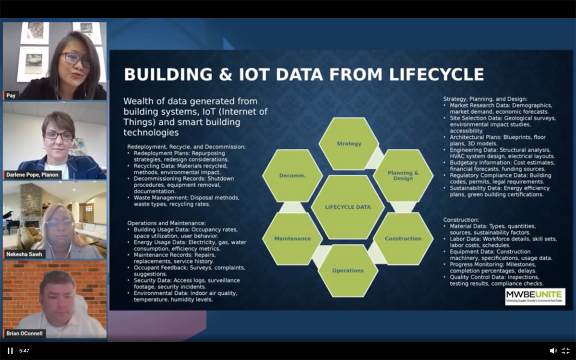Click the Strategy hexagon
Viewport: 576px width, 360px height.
[348, 143]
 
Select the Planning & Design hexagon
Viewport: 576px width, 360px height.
[403, 175]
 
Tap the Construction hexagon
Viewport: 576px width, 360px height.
[403, 239]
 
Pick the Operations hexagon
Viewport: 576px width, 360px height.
[348, 271]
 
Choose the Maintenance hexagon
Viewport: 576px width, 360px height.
[292, 239]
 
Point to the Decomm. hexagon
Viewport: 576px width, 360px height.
[292, 175]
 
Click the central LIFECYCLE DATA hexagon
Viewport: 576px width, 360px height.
[348, 207]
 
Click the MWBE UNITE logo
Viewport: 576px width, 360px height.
[535, 296]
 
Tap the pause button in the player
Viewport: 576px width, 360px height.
[10, 350]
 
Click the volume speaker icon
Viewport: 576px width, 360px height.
[553, 350]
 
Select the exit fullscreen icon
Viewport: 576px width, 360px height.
[566, 350]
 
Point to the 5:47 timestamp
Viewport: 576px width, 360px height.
[24, 351]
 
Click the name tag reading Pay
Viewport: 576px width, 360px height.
[11, 96]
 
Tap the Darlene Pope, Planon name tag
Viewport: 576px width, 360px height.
[33, 175]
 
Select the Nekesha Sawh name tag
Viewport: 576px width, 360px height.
[24, 254]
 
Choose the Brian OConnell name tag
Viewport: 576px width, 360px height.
[25, 333]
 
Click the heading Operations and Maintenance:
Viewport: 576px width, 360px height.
[166, 223]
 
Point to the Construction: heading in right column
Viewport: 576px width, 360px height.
[461, 219]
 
